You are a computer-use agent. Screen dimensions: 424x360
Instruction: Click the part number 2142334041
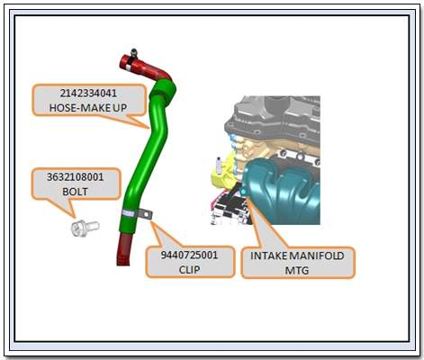click(x=88, y=94)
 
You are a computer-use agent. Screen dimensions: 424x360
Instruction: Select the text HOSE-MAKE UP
click(x=88, y=108)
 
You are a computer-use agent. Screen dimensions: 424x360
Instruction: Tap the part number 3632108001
click(x=75, y=177)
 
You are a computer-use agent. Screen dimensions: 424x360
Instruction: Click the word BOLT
click(x=75, y=192)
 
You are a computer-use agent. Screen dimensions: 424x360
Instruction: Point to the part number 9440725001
click(x=189, y=255)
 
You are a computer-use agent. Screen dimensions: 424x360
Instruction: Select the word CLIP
click(x=189, y=269)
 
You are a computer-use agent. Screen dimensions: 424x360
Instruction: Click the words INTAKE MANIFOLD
click(x=297, y=256)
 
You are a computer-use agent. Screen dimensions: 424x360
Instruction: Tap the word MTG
click(x=297, y=270)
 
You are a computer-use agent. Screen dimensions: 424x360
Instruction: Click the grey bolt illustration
click(x=85, y=228)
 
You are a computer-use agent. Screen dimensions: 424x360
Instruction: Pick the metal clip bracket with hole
click(x=144, y=214)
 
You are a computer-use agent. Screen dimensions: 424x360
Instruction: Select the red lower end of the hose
click(x=124, y=249)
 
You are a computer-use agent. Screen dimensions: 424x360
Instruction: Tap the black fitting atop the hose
click(x=134, y=53)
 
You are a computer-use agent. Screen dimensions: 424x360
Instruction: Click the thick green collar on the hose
click(x=162, y=90)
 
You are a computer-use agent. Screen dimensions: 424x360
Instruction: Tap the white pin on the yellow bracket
click(x=220, y=166)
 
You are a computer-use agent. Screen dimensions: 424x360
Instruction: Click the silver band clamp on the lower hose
click(x=128, y=213)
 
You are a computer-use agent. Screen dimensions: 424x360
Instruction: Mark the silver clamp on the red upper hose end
click(x=129, y=67)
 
